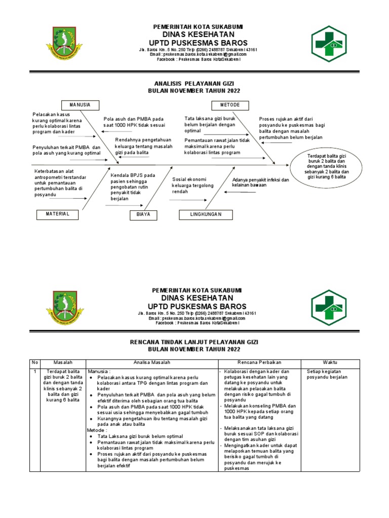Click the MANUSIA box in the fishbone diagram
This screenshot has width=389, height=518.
(x=80, y=105)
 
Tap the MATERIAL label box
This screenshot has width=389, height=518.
(x=57, y=214)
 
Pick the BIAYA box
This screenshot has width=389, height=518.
(x=143, y=215)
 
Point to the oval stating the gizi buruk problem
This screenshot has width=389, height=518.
(x=327, y=166)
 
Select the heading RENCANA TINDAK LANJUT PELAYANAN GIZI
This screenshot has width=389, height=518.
(x=194, y=342)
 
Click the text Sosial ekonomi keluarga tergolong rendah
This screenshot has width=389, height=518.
(x=193, y=185)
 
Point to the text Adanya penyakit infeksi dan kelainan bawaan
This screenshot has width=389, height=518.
(x=260, y=183)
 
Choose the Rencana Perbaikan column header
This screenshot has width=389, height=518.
(x=259, y=363)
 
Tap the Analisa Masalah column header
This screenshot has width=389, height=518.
(x=152, y=363)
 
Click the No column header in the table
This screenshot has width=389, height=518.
(x=35, y=363)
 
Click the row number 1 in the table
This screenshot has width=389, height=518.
(x=34, y=371)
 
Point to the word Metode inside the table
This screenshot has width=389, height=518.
(x=98, y=430)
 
